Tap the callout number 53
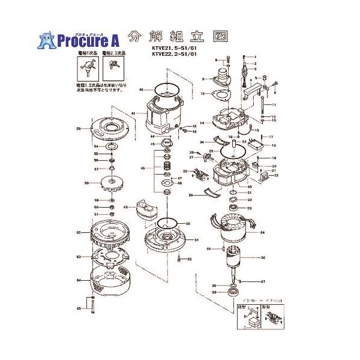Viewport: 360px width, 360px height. [79, 128]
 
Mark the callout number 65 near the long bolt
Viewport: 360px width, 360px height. [79, 308]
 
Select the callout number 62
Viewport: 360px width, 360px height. [79, 232]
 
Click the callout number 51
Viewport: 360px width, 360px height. [196, 240]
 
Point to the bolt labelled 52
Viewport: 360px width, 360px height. [181, 259]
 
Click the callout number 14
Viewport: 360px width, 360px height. [203, 123]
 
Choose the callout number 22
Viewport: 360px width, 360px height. [277, 176]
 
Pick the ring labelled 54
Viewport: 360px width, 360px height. [112, 146]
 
